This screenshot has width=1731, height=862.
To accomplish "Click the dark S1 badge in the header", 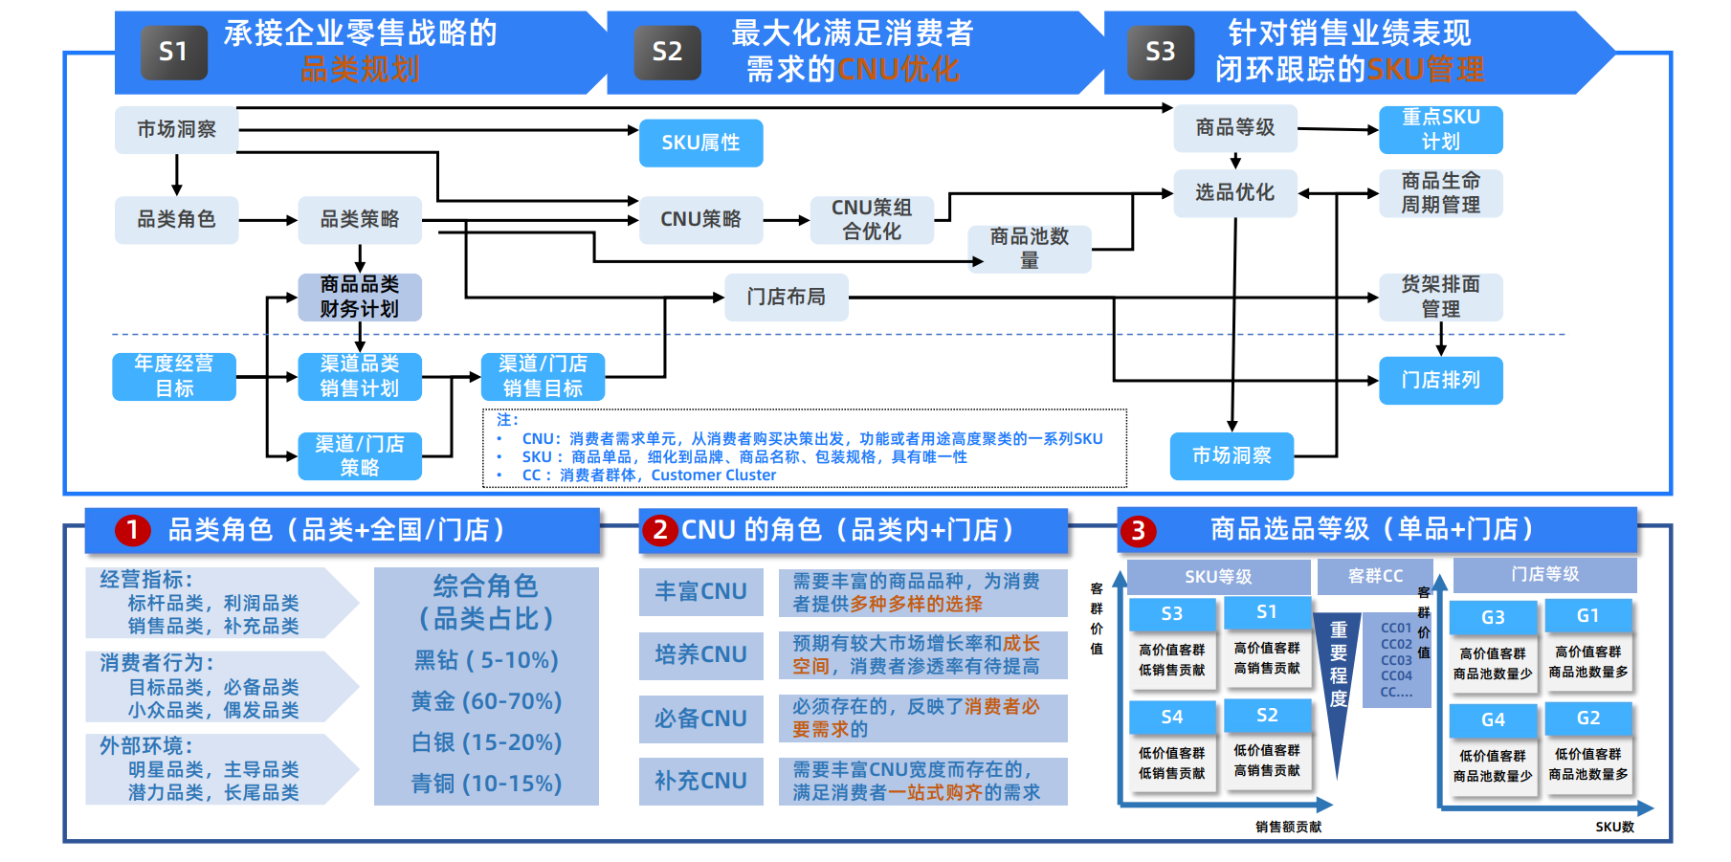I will [x=174, y=52].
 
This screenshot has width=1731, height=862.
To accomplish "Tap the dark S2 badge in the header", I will [x=667, y=52].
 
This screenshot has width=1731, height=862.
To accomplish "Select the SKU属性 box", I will [x=700, y=143].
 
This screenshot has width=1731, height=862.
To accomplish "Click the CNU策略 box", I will [x=700, y=219].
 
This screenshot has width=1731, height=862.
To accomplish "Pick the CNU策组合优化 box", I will [x=871, y=219].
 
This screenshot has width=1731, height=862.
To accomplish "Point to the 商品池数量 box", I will [x=1029, y=248].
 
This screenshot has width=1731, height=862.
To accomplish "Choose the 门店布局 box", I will [x=786, y=297].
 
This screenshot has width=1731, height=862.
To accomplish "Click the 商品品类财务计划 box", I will [x=359, y=297].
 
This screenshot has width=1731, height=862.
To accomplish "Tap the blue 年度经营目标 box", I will [x=174, y=376].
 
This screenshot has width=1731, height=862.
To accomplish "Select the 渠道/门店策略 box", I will [x=359, y=455].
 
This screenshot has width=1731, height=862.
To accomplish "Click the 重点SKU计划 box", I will [x=1440, y=129].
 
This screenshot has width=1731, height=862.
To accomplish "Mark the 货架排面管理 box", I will [x=1440, y=297].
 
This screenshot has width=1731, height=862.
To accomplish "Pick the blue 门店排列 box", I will [x=1440, y=380].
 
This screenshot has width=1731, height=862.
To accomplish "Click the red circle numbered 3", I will [x=1138, y=530].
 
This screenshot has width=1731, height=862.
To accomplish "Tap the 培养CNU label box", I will [x=700, y=654].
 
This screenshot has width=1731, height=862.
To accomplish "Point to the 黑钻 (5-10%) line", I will [x=486, y=660].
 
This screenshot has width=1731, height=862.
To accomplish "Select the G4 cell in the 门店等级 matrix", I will [x=1493, y=719].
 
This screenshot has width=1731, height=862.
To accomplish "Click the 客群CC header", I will [x=1375, y=576].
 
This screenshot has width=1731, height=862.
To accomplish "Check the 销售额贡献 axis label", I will [x=1288, y=827].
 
